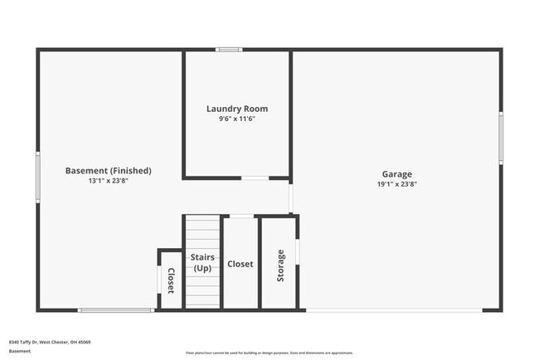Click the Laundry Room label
[236, 109]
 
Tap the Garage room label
[397, 174]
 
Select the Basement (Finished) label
[108, 171]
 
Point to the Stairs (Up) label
[202, 263]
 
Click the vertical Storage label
[280, 265]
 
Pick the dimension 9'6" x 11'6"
[236, 119]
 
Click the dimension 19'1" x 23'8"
[397, 184]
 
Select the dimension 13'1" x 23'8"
[108, 181]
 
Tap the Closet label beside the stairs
[240, 264]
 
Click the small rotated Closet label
[171, 280]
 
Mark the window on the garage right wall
[500, 136]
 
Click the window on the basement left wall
[38, 176]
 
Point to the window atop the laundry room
[229, 50]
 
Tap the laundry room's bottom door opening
[255, 178]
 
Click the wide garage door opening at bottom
[394, 310]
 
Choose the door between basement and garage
[290, 197]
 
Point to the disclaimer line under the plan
[269, 352]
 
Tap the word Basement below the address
[20, 351]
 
